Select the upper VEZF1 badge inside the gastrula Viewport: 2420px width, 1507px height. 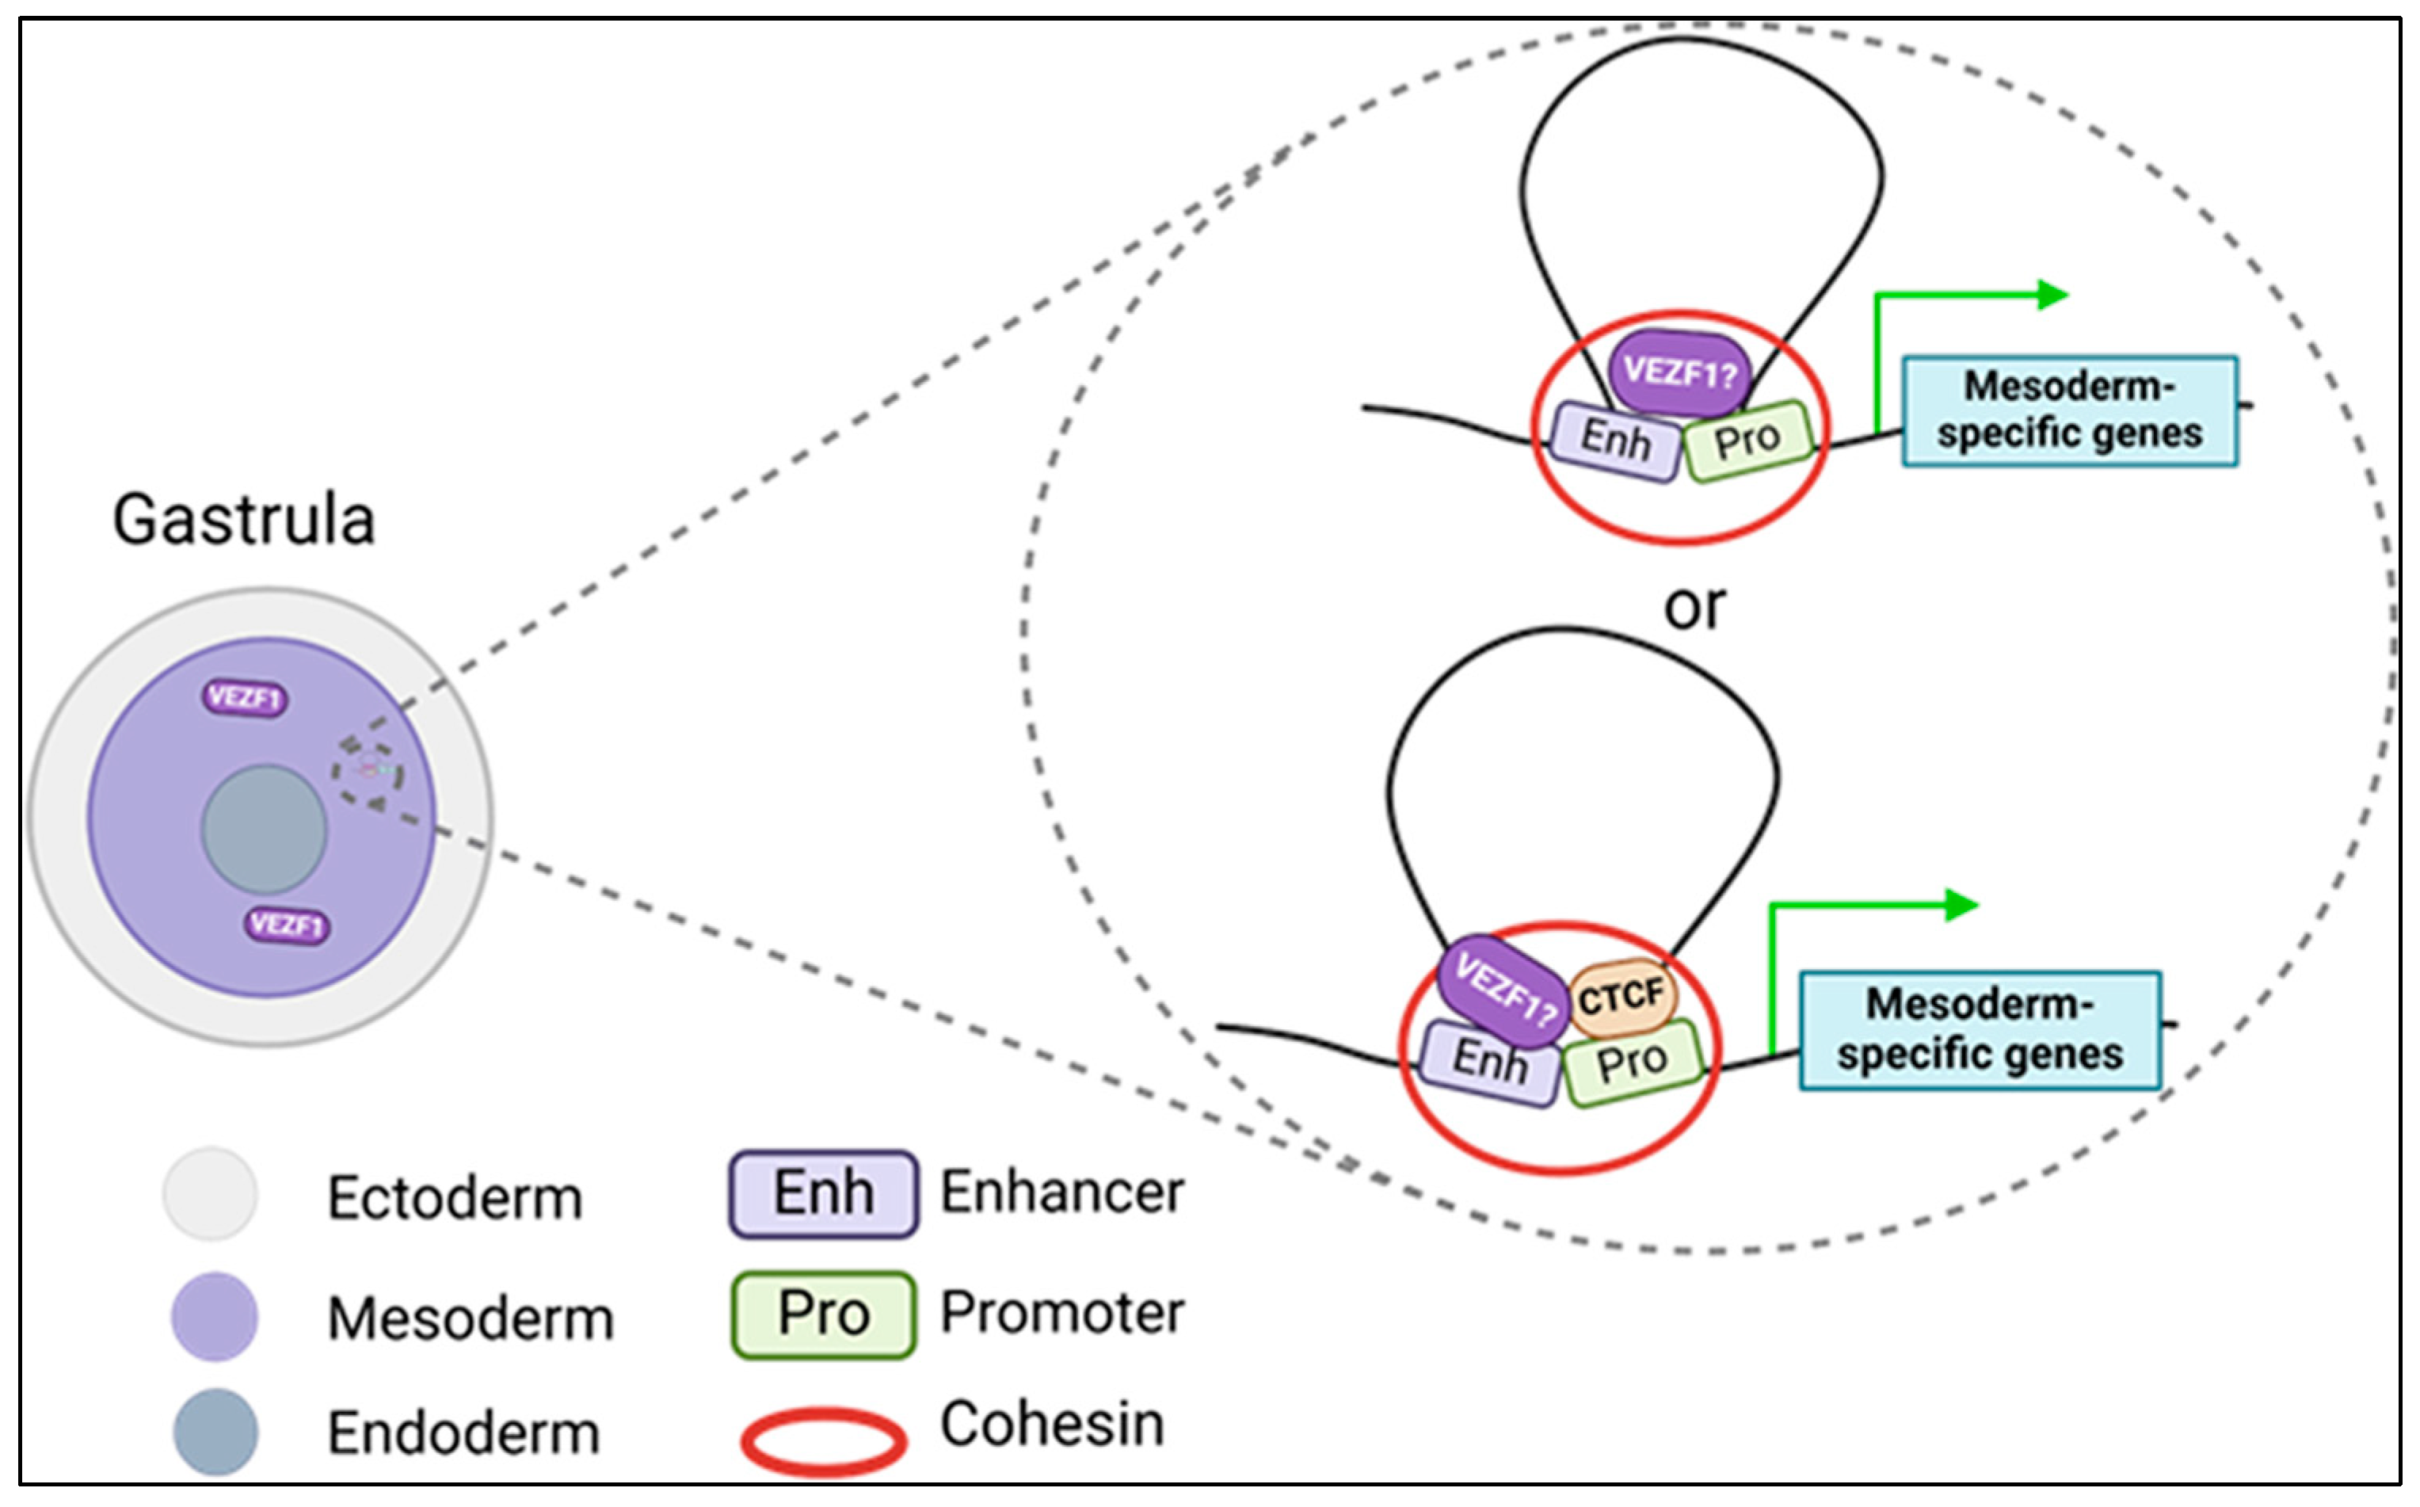(245, 698)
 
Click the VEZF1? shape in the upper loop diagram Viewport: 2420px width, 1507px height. (1680, 372)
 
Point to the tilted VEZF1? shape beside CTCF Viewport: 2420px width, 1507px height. (1503, 990)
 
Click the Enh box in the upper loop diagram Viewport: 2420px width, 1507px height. (1615, 441)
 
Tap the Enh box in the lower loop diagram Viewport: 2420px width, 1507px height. (1488, 1062)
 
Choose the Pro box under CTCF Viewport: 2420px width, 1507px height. (1631, 1062)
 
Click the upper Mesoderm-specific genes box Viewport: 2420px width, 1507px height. (2069, 410)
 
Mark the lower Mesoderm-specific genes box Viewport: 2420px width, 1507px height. (1980, 1029)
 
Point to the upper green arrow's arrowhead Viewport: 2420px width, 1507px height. (2053, 295)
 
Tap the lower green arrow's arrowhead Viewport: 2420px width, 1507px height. (1961, 905)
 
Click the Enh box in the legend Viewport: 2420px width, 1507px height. (823, 1194)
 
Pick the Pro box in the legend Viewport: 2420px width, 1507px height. (823, 1314)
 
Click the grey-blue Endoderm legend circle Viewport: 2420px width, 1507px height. (215, 1431)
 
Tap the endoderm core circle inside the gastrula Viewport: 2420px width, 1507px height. (264, 830)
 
